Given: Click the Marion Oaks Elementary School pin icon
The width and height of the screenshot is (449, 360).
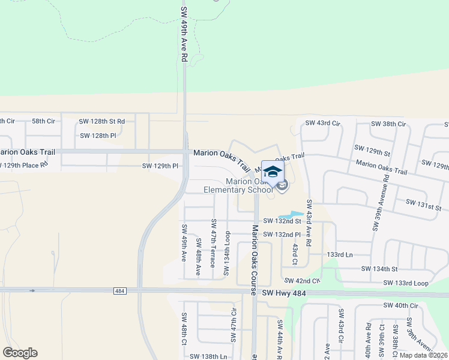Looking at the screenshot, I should (273, 172).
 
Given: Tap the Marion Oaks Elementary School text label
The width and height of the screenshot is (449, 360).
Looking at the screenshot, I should (238, 186).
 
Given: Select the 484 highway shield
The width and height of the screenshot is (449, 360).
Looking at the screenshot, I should (119, 291).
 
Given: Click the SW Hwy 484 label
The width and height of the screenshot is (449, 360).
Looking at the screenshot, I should (283, 292).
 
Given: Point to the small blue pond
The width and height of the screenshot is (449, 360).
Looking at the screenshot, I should (291, 214).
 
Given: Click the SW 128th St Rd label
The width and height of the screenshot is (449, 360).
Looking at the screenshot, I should (102, 121).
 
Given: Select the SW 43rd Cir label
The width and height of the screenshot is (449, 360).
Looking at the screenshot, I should (322, 123).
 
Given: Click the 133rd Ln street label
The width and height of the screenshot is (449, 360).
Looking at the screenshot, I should (340, 254).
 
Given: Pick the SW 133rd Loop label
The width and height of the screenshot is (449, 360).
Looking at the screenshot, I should (405, 283).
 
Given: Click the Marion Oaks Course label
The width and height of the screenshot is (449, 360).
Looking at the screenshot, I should (255, 250).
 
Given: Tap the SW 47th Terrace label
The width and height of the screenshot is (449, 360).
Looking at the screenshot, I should (213, 243).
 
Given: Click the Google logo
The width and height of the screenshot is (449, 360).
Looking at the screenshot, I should (20, 353).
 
